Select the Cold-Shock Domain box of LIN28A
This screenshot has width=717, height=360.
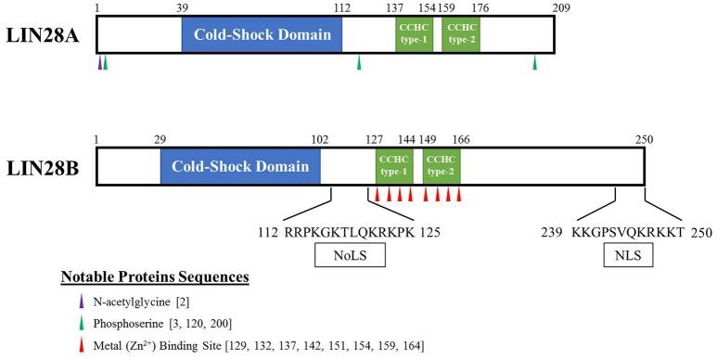pos(262,35)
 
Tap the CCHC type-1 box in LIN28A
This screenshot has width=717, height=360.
pos(414,35)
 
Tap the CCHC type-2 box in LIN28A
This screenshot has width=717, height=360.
pos(460,35)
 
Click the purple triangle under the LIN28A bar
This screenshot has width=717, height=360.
pos(99,62)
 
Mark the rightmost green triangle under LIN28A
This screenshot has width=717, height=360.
pos(535,62)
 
